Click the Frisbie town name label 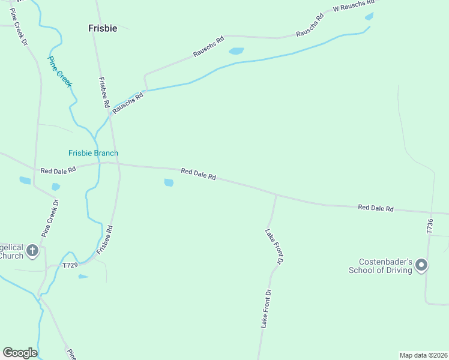tap(103, 28)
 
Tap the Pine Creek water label tap(59, 71)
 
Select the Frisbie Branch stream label tap(93, 153)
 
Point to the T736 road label tap(430, 226)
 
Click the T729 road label tap(70, 265)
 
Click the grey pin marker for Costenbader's tap(421, 265)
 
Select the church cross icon tap(32, 250)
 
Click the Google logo tap(20, 353)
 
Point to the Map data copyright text tap(423, 355)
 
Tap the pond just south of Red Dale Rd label tap(169, 182)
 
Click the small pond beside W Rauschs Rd tap(369, 16)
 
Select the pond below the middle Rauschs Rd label tap(237, 51)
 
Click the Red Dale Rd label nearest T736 tap(375, 208)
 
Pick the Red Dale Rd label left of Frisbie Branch tap(58, 170)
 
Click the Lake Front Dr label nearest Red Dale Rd tap(274, 246)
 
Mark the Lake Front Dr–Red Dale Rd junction tap(276, 194)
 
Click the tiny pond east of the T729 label tap(83, 277)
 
